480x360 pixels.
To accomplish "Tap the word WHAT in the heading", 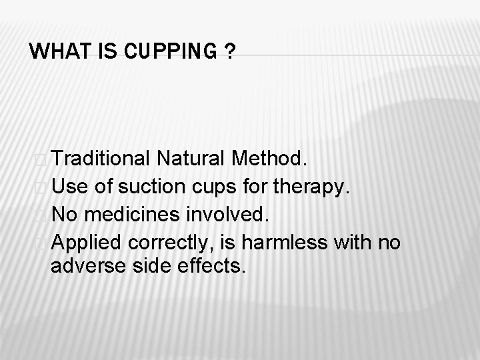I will (55, 51).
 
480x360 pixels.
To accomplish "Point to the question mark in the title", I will (229, 51).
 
